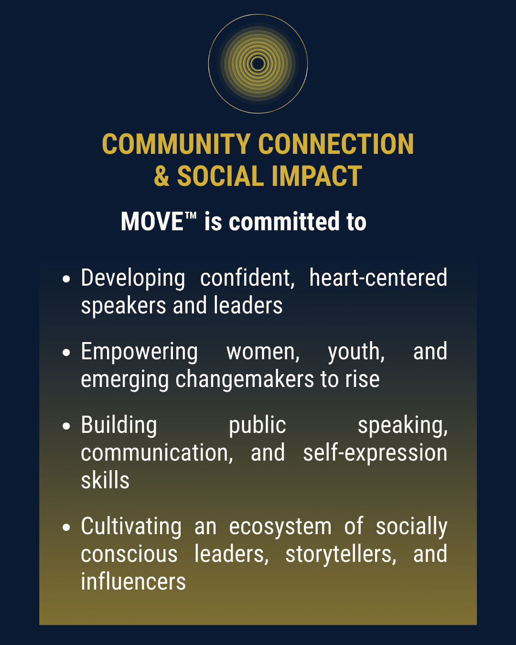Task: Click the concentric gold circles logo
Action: [x=258, y=64]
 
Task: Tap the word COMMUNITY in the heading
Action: [x=176, y=144]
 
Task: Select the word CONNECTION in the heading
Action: [x=336, y=144]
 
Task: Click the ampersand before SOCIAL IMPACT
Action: [x=161, y=176]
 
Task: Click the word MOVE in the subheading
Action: [x=152, y=221]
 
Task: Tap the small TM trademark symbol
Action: [x=190, y=215]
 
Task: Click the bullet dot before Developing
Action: [x=66, y=279]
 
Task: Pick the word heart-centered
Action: [x=378, y=278]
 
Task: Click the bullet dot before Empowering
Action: [x=66, y=352]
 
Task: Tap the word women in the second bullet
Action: [x=263, y=352]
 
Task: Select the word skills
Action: [x=105, y=480]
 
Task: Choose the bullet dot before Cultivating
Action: [x=66, y=527]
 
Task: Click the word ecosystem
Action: [x=280, y=527]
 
